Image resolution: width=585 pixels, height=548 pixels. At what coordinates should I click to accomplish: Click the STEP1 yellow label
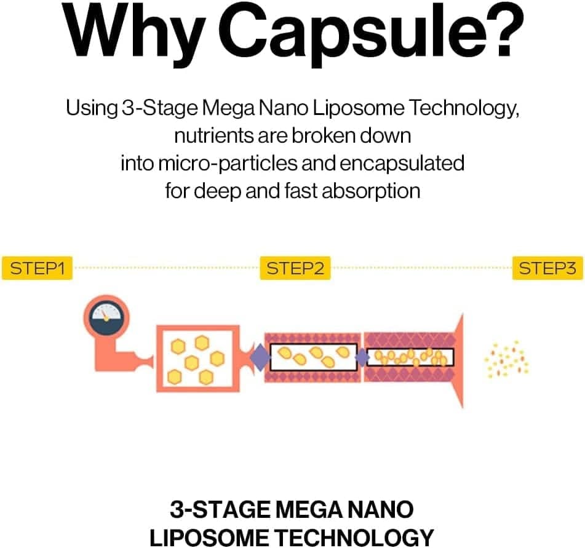(37, 268)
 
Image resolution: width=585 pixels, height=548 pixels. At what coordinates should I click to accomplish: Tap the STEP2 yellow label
(295, 268)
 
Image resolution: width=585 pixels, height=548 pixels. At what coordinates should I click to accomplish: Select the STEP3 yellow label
(547, 268)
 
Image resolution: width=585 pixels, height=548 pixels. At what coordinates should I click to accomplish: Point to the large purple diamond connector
(260, 357)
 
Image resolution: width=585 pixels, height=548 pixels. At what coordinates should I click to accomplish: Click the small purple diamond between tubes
(362, 358)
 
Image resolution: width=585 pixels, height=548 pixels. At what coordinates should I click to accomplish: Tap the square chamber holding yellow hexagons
(197, 359)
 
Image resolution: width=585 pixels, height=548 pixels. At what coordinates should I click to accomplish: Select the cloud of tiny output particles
(506, 359)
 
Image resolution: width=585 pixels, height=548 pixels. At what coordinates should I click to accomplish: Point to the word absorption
(371, 192)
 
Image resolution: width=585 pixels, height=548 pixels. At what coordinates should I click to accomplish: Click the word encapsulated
(402, 164)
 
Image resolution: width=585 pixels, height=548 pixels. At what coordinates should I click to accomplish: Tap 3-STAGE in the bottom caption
(220, 510)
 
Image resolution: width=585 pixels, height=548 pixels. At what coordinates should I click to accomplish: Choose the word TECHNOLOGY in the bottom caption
(354, 538)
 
